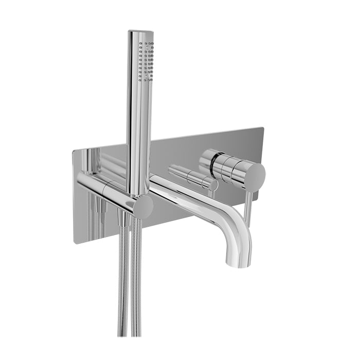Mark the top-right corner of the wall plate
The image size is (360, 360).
point(263,128)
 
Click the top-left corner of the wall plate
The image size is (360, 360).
point(74,150)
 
